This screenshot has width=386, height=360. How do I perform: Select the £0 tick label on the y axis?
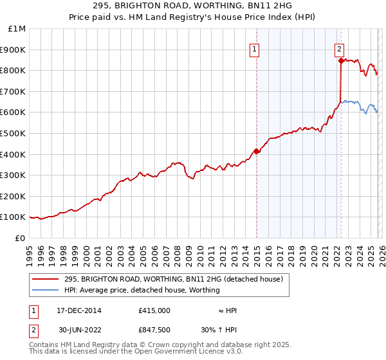(x=21, y=238)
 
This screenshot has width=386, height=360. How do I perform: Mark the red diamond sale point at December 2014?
(x=256, y=151)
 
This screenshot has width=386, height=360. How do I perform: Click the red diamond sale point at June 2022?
(x=340, y=60)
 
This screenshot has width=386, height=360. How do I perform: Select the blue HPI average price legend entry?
(x=142, y=290)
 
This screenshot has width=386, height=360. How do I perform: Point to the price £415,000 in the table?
(x=154, y=310)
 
